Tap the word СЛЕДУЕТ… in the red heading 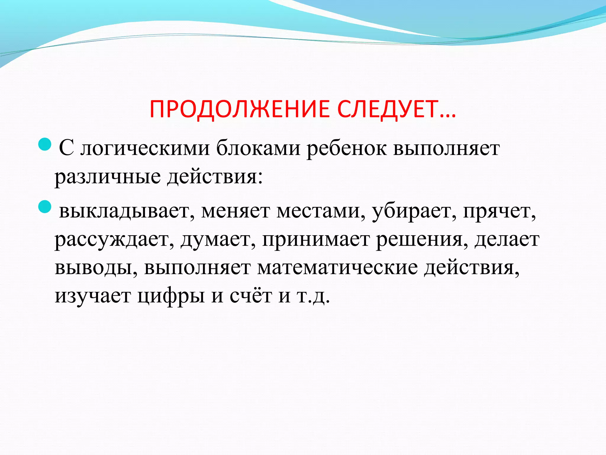click(397, 109)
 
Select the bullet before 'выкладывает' click(45, 207)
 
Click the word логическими click(145, 148)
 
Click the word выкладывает click(124, 211)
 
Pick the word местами click(321, 211)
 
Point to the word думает click(218, 240)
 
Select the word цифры click(171, 296)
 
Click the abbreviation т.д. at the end click(313, 296)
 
